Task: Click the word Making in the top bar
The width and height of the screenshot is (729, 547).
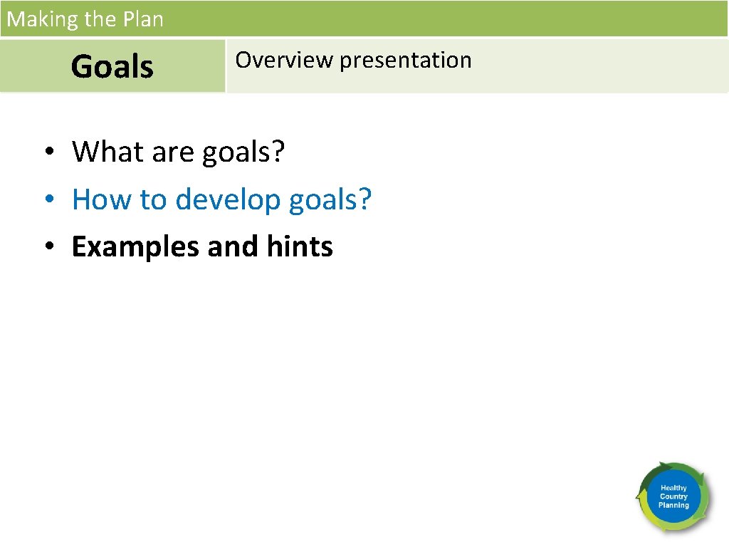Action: (x=43, y=19)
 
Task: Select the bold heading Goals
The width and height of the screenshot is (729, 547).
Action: (x=112, y=67)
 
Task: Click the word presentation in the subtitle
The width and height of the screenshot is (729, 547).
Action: (x=405, y=61)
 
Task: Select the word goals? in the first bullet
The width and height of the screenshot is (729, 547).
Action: (x=243, y=152)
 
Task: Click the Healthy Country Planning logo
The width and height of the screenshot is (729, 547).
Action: (x=673, y=497)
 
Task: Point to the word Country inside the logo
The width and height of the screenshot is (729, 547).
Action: (x=673, y=496)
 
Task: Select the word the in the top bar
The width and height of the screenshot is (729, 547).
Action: (x=99, y=19)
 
